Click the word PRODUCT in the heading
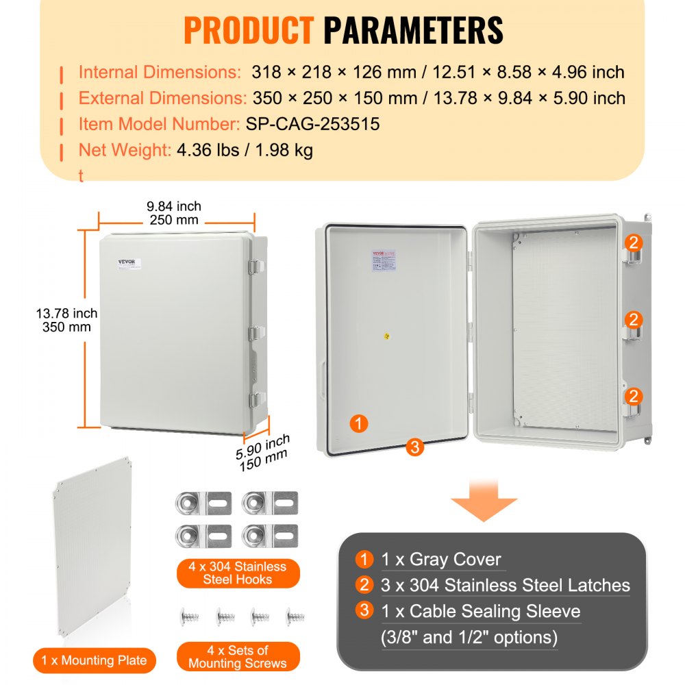coord(248,30)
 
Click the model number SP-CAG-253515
coord(312,124)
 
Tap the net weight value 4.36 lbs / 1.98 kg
coord(245,150)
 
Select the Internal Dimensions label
coord(158,72)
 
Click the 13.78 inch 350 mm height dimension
coord(66,320)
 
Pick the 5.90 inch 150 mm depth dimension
coord(263,452)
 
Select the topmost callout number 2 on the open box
coord(634,242)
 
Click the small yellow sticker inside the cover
coord(387,336)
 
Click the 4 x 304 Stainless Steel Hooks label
coord(237,573)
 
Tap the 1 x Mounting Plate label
coord(94,660)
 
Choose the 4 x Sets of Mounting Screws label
coord(237,656)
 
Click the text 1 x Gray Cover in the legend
coord(441,560)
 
